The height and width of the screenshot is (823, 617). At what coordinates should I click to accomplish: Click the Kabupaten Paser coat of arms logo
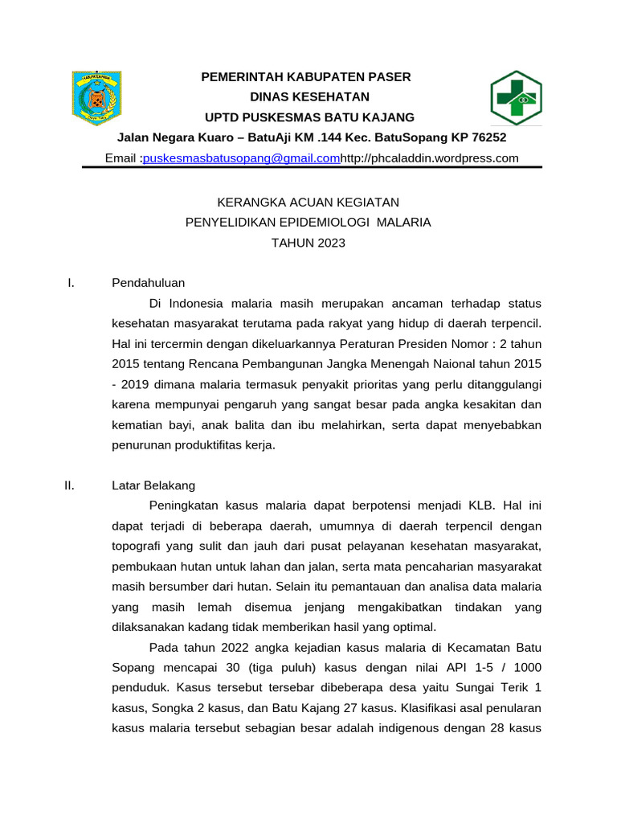[x=96, y=97]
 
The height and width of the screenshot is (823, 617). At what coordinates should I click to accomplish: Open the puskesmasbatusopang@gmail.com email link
[x=242, y=158]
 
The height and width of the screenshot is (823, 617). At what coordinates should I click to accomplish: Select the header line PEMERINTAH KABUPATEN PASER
[x=305, y=76]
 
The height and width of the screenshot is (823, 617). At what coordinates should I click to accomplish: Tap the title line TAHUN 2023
[x=308, y=242]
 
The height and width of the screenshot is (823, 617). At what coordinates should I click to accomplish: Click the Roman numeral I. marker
[x=71, y=282]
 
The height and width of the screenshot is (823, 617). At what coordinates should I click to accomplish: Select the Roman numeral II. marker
[x=69, y=485]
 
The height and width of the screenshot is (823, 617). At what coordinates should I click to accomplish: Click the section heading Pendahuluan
[x=149, y=282]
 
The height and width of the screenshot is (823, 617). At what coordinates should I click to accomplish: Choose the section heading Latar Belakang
[x=153, y=485]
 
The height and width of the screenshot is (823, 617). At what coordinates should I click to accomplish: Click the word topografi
[x=138, y=546]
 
